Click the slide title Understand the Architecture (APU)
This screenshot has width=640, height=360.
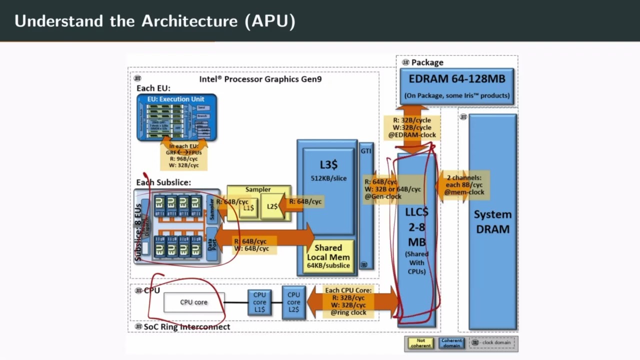coord(155,21)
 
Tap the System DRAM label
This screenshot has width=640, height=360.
coord(492,221)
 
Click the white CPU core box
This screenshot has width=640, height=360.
coord(194,302)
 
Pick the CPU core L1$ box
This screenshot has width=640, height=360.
coord(259,302)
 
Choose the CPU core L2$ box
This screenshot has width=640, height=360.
coord(293,302)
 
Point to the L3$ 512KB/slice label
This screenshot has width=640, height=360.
coord(328,170)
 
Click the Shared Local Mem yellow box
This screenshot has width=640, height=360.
coord(328,256)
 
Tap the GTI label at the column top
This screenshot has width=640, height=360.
coord(366,150)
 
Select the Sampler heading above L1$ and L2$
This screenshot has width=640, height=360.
coord(258,189)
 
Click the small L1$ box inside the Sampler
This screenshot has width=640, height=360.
coord(248,207)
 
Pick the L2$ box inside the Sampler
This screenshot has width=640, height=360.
coord(272,206)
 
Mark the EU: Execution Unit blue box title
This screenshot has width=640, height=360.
coord(175,99)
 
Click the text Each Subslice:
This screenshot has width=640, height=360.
coord(163,182)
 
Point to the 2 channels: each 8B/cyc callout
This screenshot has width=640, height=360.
coord(464,185)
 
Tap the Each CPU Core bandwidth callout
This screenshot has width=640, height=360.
coord(348,301)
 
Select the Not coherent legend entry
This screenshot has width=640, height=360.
coord(420,343)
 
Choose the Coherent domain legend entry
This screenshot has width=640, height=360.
coord(451,343)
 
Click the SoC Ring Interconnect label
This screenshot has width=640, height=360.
coord(186,327)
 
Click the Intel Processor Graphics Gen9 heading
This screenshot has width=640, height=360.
coord(260,79)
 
